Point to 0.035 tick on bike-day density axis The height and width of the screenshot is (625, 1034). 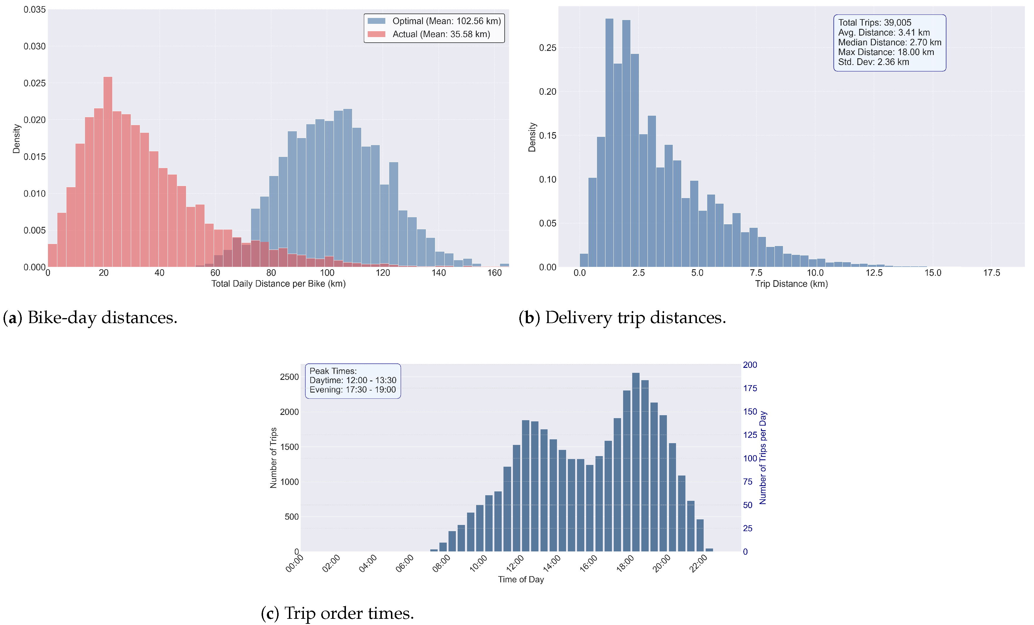[34, 10]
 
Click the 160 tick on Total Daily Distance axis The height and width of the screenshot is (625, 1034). [494, 273]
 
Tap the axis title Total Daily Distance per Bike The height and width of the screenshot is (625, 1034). [278, 284]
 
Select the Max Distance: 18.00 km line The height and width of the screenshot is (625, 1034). [886, 52]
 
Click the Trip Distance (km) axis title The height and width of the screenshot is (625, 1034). [791, 284]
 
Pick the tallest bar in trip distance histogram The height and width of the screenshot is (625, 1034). [609, 143]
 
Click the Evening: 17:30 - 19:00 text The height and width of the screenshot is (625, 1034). [352, 390]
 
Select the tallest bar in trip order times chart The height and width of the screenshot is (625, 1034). [636, 462]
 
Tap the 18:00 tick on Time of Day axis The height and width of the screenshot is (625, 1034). [625, 563]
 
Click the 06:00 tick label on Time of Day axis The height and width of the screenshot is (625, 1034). [404, 563]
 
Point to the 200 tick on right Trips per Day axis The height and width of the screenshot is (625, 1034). [749, 365]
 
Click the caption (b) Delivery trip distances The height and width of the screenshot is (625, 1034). [622, 318]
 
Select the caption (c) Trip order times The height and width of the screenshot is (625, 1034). [337, 613]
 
